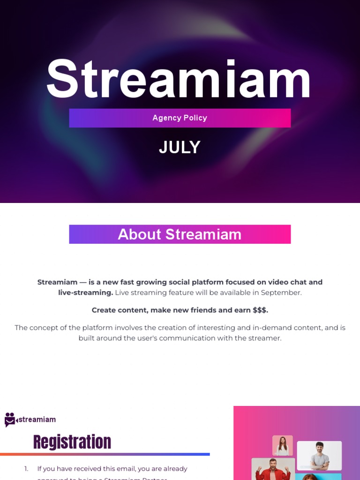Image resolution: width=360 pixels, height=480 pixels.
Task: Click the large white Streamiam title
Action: click(179, 80)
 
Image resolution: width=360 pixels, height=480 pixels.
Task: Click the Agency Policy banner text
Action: click(180, 118)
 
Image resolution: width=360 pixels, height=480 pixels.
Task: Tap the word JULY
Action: click(180, 148)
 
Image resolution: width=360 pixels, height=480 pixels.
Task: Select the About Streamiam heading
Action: click(180, 234)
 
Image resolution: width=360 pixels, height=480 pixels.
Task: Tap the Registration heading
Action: click(72, 442)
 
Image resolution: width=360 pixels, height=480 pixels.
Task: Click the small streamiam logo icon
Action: click(10, 420)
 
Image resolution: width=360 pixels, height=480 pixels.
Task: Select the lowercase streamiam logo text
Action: click(37, 420)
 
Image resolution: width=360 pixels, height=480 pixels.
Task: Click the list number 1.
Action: click(26, 469)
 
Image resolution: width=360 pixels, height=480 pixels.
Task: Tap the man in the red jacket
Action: click(273, 470)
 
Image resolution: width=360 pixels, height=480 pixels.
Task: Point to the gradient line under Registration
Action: click(105, 454)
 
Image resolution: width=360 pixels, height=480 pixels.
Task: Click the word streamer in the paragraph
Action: click(267, 338)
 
